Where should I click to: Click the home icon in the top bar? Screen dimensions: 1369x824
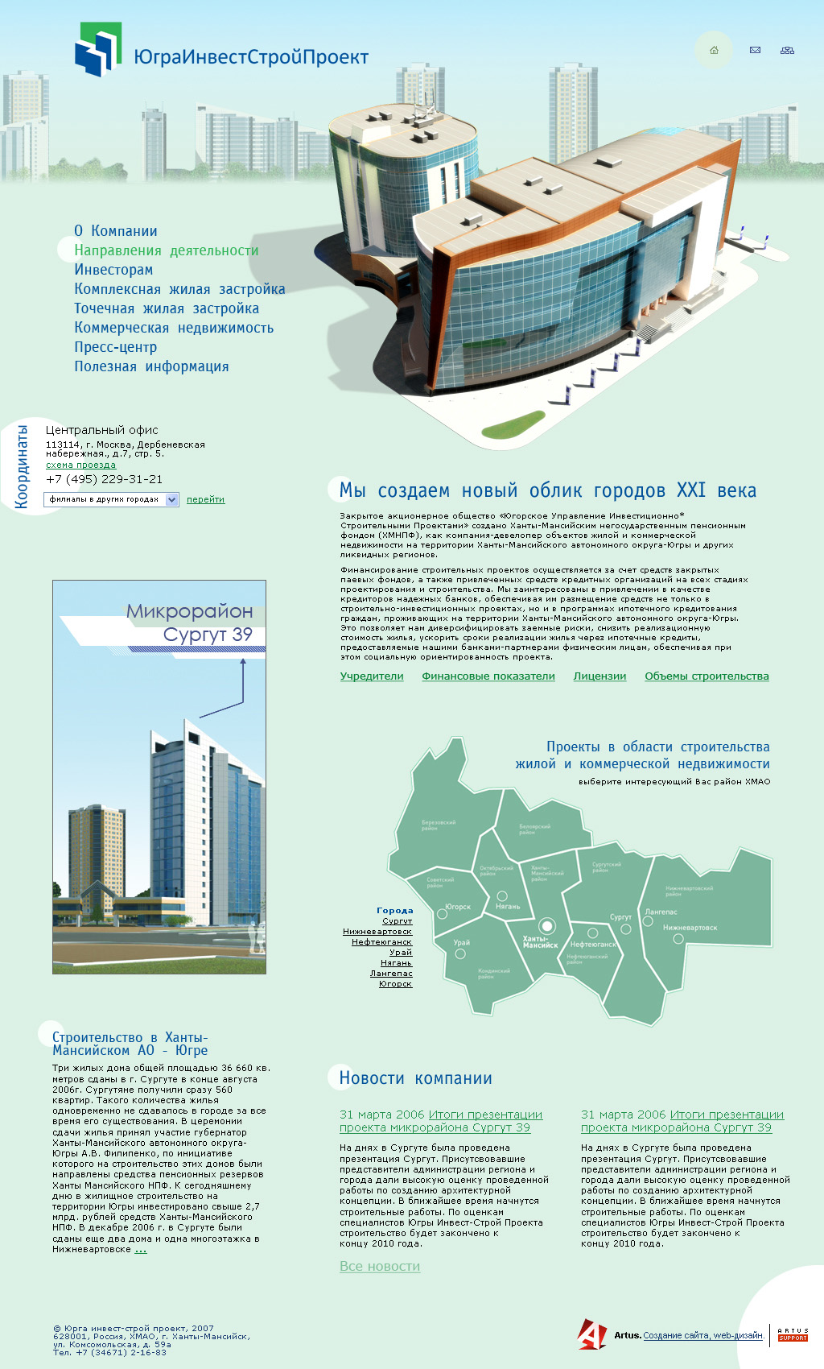pyautogui.click(x=714, y=50)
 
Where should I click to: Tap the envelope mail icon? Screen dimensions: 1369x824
pyautogui.click(x=755, y=50)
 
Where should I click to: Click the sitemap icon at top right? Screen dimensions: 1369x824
pyautogui.click(x=787, y=50)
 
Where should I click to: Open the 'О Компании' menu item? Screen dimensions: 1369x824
pyautogui.click(x=116, y=231)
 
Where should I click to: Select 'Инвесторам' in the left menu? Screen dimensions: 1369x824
pyautogui.click(x=113, y=270)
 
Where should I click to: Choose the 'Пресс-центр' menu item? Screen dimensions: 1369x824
pyautogui.click(x=116, y=347)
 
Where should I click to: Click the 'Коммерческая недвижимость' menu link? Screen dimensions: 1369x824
pyautogui.click(x=174, y=328)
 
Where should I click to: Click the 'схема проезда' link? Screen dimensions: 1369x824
pyautogui.click(x=80, y=465)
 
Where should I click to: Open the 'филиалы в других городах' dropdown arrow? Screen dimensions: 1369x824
pyautogui.click(x=171, y=499)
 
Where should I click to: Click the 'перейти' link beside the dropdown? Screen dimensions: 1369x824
pyautogui.click(x=205, y=499)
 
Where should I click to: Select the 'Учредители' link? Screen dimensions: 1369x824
pyautogui.click(x=372, y=676)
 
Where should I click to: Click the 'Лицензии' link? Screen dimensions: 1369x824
pyautogui.click(x=599, y=676)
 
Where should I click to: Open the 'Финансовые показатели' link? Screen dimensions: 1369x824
pyautogui.click(x=488, y=676)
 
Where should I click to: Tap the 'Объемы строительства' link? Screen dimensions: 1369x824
pyautogui.click(x=707, y=676)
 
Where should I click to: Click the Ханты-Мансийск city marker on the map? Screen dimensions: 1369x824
pyautogui.click(x=547, y=925)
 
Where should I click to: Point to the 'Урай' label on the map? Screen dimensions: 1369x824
pyautogui.click(x=461, y=942)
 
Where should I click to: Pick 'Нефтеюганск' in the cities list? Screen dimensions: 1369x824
pyautogui.click(x=381, y=942)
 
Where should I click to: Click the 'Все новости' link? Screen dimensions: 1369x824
pyautogui.click(x=380, y=1266)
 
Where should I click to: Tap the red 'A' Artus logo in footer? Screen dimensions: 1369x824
pyautogui.click(x=591, y=1334)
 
